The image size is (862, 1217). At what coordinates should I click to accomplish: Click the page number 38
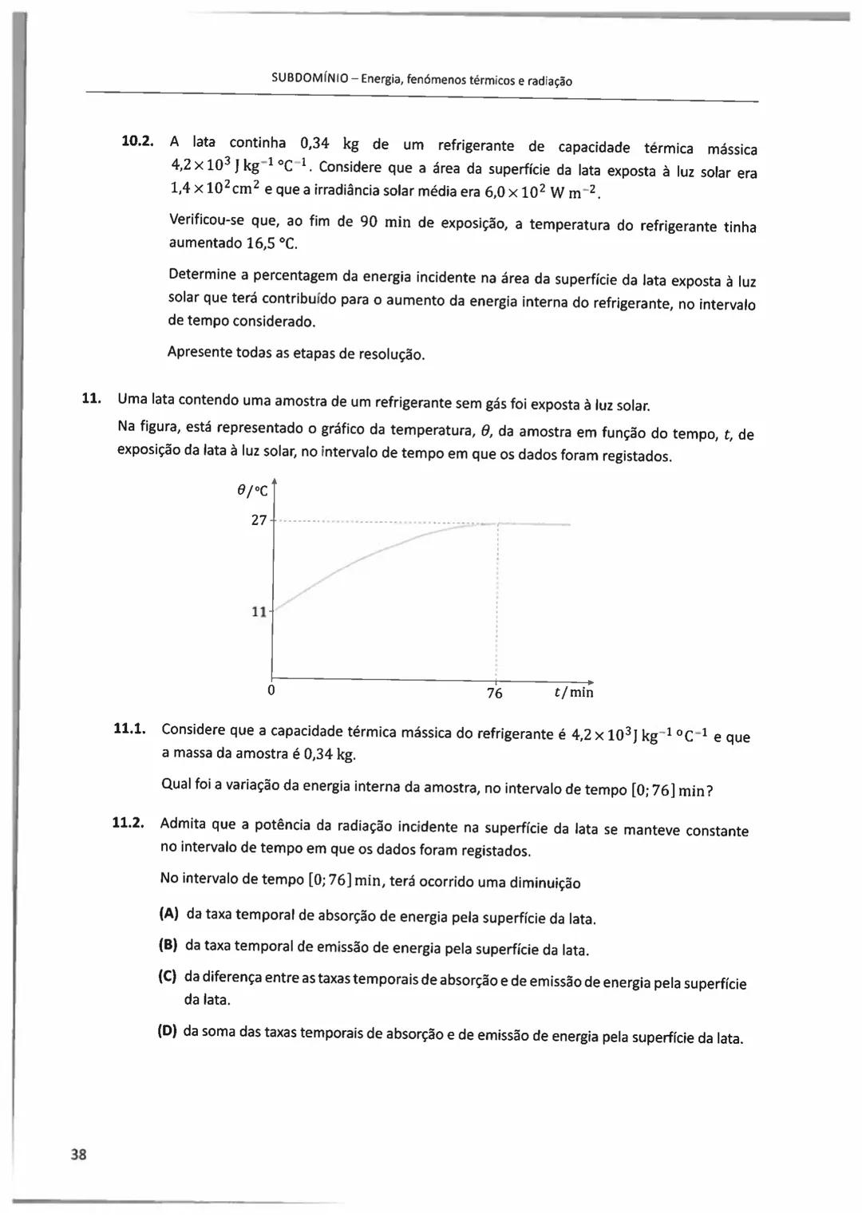pyautogui.click(x=78, y=1154)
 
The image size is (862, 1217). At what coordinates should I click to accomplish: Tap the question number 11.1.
pyautogui.click(x=129, y=728)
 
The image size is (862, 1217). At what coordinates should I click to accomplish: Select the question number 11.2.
pyautogui.click(x=128, y=823)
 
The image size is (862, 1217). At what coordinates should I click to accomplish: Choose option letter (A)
pyautogui.click(x=168, y=913)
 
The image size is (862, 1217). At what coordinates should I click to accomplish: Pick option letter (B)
pyautogui.click(x=168, y=945)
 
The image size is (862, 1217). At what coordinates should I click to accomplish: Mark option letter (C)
pyautogui.click(x=167, y=976)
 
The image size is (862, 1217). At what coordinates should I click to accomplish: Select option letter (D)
pyautogui.click(x=167, y=1030)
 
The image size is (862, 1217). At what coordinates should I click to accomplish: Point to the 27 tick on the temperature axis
pyautogui.click(x=259, y=520)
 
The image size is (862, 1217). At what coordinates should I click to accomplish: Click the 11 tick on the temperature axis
pyautogui.click(x=259, y=612)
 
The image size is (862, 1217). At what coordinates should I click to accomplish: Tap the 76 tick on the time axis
pyautogui.click(x=495, y=693)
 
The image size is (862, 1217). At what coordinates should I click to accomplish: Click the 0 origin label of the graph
pyautogui.click(x=271, y=690)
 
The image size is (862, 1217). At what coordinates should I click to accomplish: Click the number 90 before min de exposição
pyautogui.click(x=369, y=221)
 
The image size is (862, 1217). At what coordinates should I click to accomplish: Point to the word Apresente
pyautogui.click(x=200, y=352)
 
